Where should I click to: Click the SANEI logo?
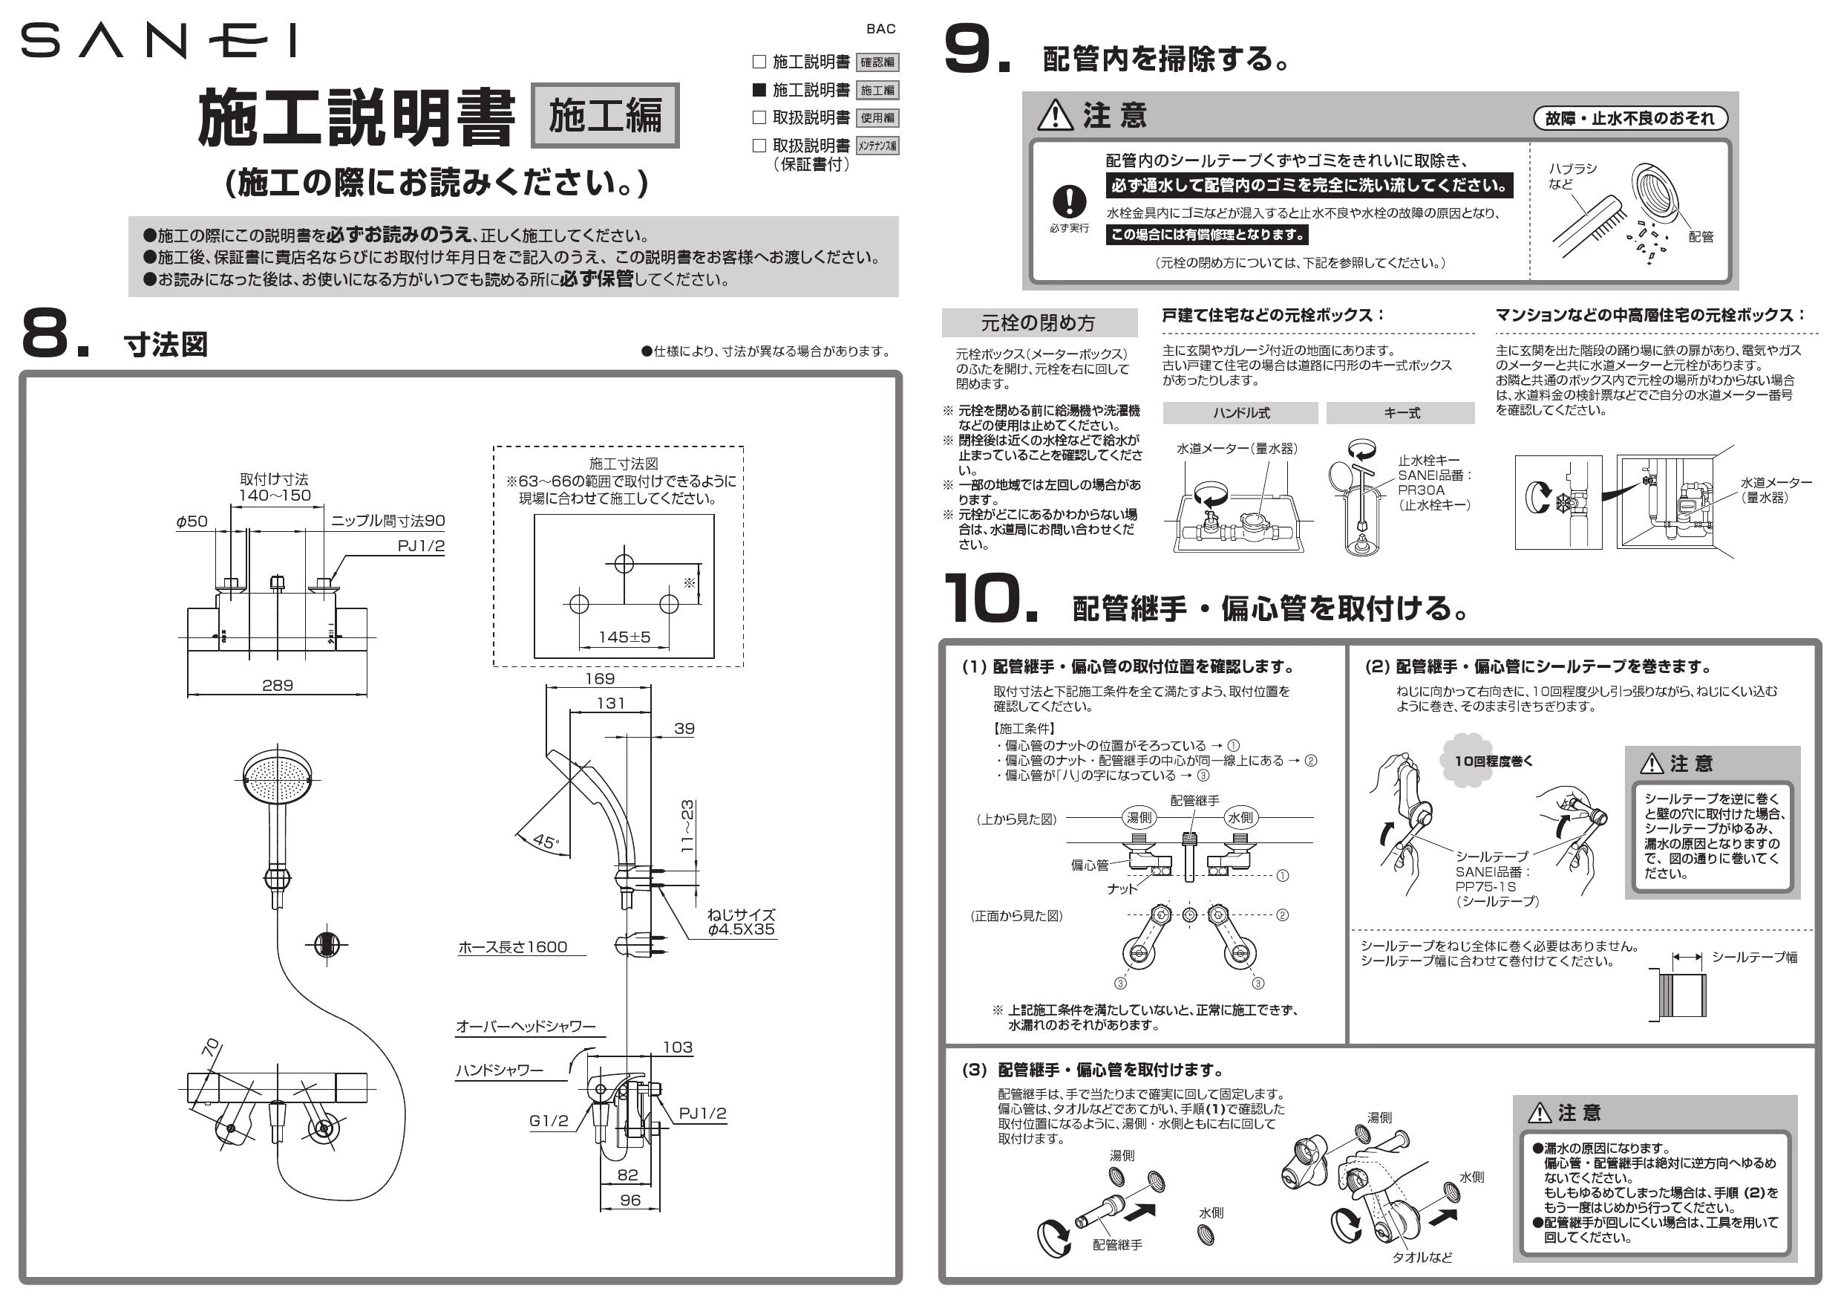click(158, 41)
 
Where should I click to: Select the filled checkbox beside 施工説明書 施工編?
click(759, 89)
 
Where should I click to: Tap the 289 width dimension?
click(278, 685)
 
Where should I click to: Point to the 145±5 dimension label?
click(624, 637)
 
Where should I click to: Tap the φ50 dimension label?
click(192, 521)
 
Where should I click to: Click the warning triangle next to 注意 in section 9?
click(1054, 116)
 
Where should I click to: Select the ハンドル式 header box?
click(1240, 413)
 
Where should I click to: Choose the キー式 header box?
click(1400, 413)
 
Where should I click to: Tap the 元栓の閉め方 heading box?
click(1039, 322)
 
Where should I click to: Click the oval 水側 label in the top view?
click(1240, 818)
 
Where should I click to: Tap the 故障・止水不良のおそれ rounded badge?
click(1630, 119)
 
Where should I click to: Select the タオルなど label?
click(1422, 1257)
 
